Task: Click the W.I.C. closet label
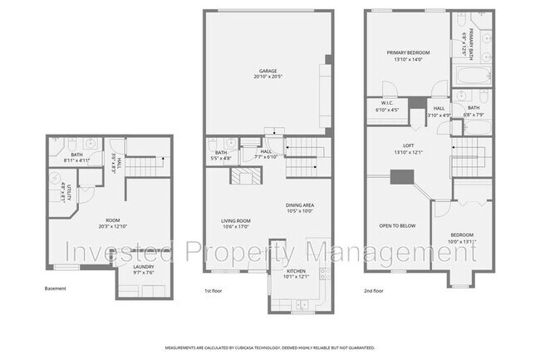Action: tap(387, 105)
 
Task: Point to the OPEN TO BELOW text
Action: tap(397, 225)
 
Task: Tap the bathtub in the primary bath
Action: tap(465, 79)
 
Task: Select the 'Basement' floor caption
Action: tap(56, 288)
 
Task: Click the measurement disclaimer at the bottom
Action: tap(269, 348)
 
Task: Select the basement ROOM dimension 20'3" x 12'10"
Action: tap(101, 225)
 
